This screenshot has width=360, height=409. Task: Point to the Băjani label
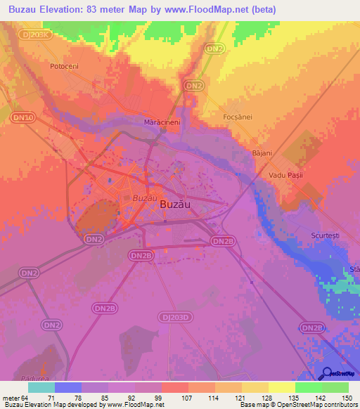pyautogui.click(x=261, y=152)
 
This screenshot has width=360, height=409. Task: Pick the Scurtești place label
pyautogui.click(x=325, y=235)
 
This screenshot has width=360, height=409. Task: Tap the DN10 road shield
pyautogui.click(x=23, y=117)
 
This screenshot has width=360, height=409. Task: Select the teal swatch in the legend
pyautogui.click(x=41, y=387)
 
